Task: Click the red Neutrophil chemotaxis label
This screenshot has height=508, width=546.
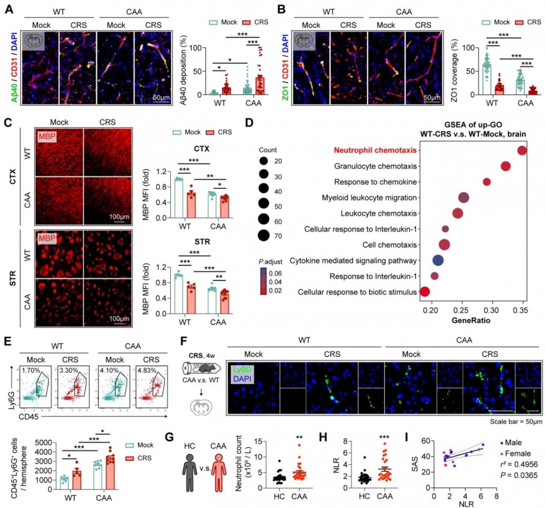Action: pyautogui.click(x=375, y=150)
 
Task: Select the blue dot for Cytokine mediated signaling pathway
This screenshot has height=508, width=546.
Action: pyautogui.click(x=438, y=261)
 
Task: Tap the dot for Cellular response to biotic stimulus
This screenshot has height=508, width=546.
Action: pyautogui.click(x=425, y=292)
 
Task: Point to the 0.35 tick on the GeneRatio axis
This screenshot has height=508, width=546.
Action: pyautogui.click(x=521, y=310)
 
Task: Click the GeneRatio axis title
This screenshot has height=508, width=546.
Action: pyautogui.click(x=471, y=320)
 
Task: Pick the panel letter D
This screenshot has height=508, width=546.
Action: pyautogui.click(x=248, y=123)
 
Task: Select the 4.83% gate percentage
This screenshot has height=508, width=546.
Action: pyautogui.click(x=146, y=370)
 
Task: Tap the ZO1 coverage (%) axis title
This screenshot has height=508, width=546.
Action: pyautogui.click(x=454, y=69)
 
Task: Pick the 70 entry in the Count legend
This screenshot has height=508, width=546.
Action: pyautogui.click(x=278, y=236)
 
